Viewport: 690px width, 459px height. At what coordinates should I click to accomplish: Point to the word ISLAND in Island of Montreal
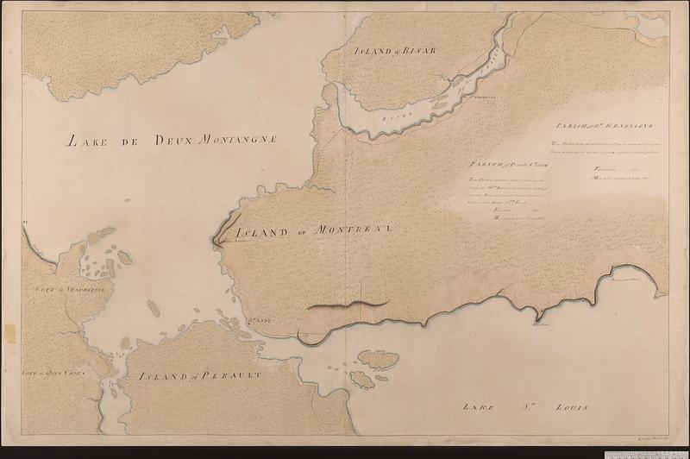point(262,230)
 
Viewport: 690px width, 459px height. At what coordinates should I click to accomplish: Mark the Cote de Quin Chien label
point(50,374)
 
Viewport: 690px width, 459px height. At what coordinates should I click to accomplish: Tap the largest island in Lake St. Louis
point(378,358)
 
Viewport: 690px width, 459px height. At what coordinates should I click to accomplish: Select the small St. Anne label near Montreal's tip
point(260,320)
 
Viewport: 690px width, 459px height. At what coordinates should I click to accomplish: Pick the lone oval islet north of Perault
point(154,308)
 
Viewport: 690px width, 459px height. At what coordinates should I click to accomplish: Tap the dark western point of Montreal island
point(216,242)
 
